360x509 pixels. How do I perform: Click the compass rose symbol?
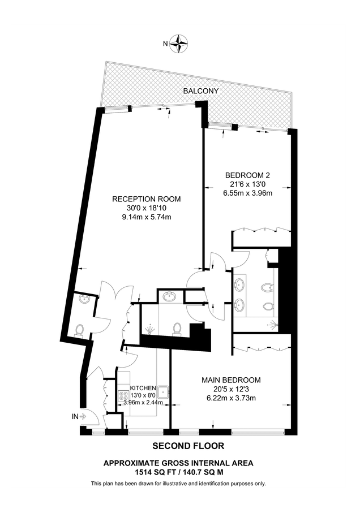(x=181, y=44)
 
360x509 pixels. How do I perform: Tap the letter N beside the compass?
(x=165, y=44)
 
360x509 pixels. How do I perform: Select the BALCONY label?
(x=201, y=90)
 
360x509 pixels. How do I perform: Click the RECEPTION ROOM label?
(x=146, y=199)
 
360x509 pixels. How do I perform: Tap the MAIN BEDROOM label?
(x=231, y=379)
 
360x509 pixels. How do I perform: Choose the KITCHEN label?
(x=143, y=387)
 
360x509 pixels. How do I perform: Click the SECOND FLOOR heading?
(x=180, y=446)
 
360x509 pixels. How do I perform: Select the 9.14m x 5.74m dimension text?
(x=146, y=217)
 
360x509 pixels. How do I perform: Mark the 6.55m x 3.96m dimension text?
(x=248, y=193)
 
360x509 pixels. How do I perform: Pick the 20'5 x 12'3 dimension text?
(x=231, y=389)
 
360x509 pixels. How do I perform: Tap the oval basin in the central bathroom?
(x=168, y=296)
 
